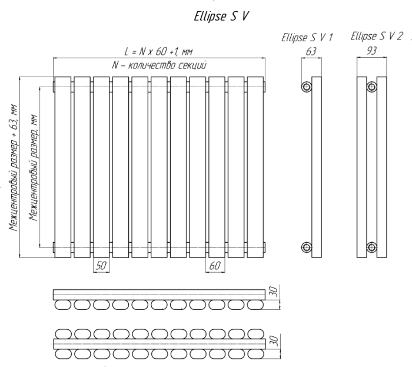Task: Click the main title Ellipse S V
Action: (221, 16)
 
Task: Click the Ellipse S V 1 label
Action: (307, 37)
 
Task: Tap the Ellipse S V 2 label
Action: (377, 37)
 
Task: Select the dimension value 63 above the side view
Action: (311, 51)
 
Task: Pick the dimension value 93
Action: (371, 51)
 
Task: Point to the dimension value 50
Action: (101, 266)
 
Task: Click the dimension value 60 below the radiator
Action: (215, 266)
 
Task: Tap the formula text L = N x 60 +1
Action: (158, 51)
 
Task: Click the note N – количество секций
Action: (160, 65)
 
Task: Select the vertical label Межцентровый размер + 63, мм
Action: (13, 167)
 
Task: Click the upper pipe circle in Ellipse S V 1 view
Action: (307, 87)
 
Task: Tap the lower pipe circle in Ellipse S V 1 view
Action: (307, 247)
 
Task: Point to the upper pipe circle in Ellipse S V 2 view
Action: (371, 87)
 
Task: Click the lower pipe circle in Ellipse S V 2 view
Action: (371, 247)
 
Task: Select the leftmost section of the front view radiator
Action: (63, 167)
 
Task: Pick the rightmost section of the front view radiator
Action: (255, 167)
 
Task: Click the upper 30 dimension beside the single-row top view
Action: (274, 292)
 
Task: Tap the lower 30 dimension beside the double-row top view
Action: (274, 340)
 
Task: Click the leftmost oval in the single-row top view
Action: (63, 305)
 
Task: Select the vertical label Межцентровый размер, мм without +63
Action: (34, 167)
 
